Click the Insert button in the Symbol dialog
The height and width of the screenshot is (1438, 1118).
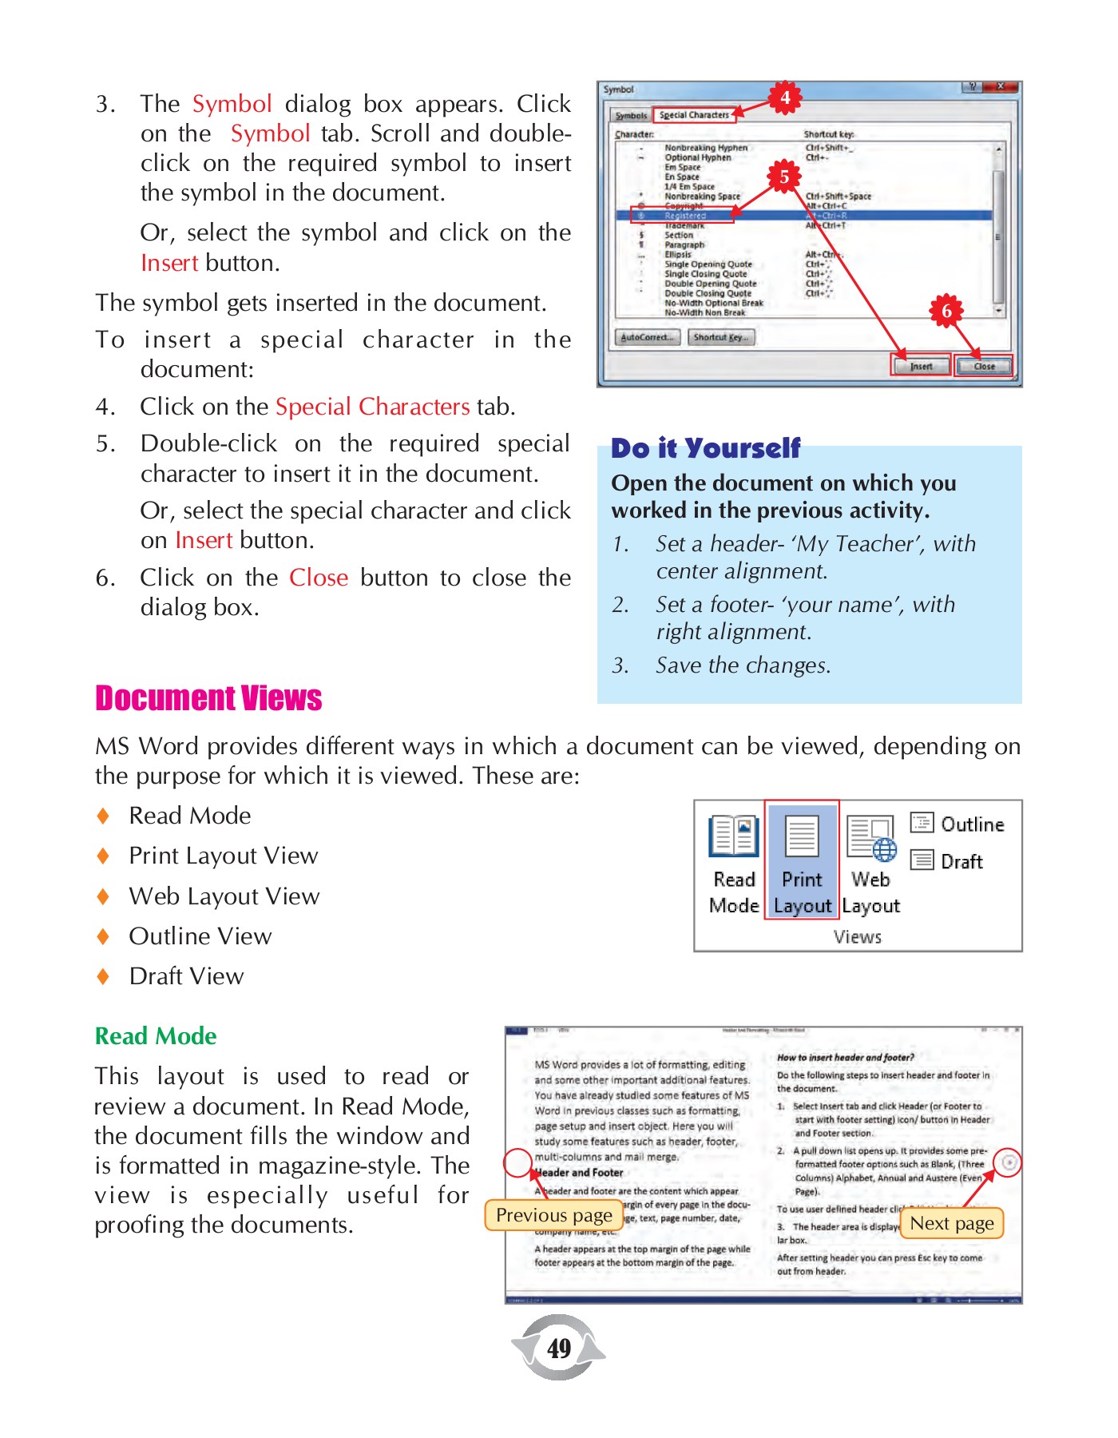click(921, 366)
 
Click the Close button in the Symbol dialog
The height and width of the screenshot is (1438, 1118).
click(984, 366)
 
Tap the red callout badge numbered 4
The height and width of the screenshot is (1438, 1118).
click(785, 97)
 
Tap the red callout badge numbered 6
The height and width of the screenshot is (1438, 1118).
click(946, 311)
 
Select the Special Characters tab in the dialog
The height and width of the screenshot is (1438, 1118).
click(694, 115)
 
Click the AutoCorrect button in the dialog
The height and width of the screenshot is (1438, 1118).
click(647, 337)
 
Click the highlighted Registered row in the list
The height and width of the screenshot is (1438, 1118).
click(803, 216)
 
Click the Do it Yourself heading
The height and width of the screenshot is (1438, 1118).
click(705, 448)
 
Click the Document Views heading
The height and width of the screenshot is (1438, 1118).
click(208, 698)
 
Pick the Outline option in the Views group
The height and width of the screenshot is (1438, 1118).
click(957, 824)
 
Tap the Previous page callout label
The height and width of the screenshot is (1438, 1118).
click(553, 1215)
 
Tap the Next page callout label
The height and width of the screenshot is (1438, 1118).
click(951, 1223)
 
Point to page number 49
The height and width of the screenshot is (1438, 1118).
click(559, 1349)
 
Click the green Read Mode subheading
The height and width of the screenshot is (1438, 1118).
click(156, 1036)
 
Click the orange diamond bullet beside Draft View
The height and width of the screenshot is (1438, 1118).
click(103, 976)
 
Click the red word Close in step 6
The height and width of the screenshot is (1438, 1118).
click(318, 578)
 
